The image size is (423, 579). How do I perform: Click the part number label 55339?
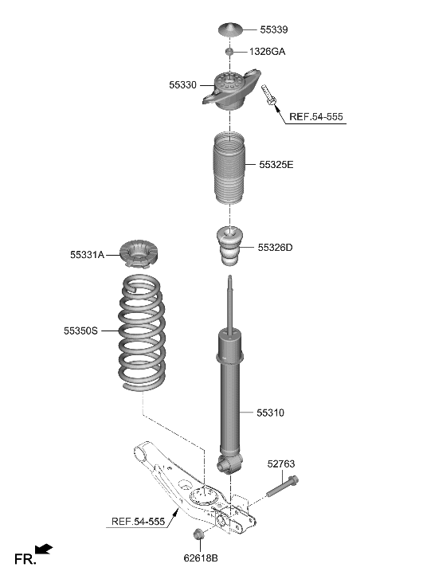click(274, 29)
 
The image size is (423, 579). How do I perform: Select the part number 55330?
click(182, 84)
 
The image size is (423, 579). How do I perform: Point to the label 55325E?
click(276, 165)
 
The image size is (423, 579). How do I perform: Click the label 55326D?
click(275, 248)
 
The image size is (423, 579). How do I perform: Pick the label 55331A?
click(86, 255)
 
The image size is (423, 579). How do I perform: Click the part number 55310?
click(270, 413)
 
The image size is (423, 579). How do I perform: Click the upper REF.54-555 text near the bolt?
click(315, 117)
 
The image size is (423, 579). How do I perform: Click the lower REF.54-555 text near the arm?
click(138, 522)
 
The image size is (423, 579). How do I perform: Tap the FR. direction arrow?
click(45, 550)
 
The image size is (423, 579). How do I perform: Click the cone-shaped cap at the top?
click(230, 30)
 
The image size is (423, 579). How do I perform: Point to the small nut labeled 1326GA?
click(229, 51)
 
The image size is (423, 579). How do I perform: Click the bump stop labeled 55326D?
click(229, 247)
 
